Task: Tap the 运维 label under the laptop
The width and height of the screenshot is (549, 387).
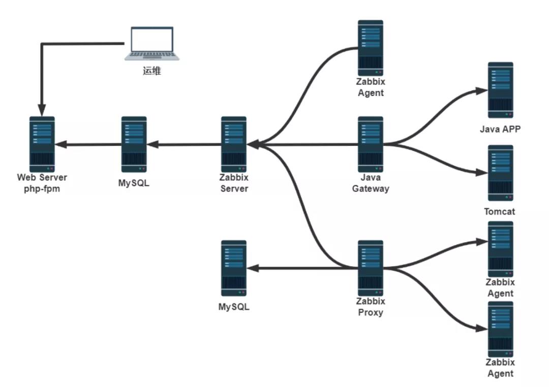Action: click(x=151, y=71)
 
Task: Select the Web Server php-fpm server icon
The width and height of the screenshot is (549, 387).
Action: click(x=42, y=144)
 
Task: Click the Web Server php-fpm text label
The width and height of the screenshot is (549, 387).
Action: click(x=42, y=183)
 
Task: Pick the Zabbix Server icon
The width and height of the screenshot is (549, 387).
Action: click(x=234, y=144)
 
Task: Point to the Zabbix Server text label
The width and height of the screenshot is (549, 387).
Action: click(x=234, y=183)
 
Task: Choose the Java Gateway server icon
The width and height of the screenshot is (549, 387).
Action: click(x=371, y=144)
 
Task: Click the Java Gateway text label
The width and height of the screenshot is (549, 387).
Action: click(x=371, y=183)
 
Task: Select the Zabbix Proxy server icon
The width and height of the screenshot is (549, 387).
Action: click(x=371, y=268)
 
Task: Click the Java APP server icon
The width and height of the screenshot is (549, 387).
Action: click(x=501, y=90)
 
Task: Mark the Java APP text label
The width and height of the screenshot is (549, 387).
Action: click(x=500, y=129)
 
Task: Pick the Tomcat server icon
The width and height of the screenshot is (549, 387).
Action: click(x=501, y=173)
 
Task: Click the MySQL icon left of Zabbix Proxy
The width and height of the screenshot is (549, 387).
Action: click(x=234, y=268)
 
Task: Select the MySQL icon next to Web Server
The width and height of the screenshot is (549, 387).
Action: click(x=134, y=144)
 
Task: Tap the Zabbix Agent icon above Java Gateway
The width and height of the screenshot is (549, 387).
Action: click(x=371, y=47)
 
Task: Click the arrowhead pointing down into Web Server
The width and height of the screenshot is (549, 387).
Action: click(x=42, y=110)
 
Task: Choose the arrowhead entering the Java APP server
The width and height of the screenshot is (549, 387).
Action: click(x=481, y=91)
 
